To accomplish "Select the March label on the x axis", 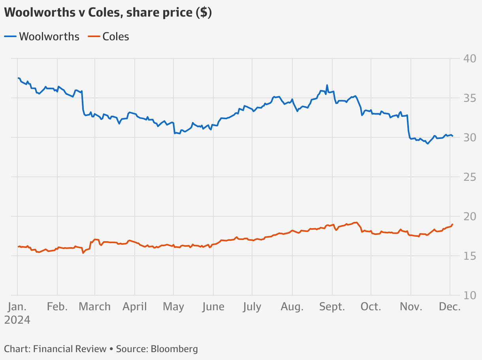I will pos(95,307).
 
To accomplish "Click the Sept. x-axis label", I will pos(332,307).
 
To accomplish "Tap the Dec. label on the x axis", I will pos(450,307).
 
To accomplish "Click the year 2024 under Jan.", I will pos(17,320).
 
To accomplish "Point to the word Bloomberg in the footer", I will pos(174,349).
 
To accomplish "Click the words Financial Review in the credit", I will pos(70,349).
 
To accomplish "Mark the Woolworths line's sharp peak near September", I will pos(327,85).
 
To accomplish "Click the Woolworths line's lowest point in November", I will pos(427,144).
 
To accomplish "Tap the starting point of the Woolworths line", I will pos(18,78).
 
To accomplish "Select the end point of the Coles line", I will pos(452,224).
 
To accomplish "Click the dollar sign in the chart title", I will pos(203,13).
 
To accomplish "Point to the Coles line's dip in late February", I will pos(83,253).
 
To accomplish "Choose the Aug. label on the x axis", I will pos(292,307).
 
